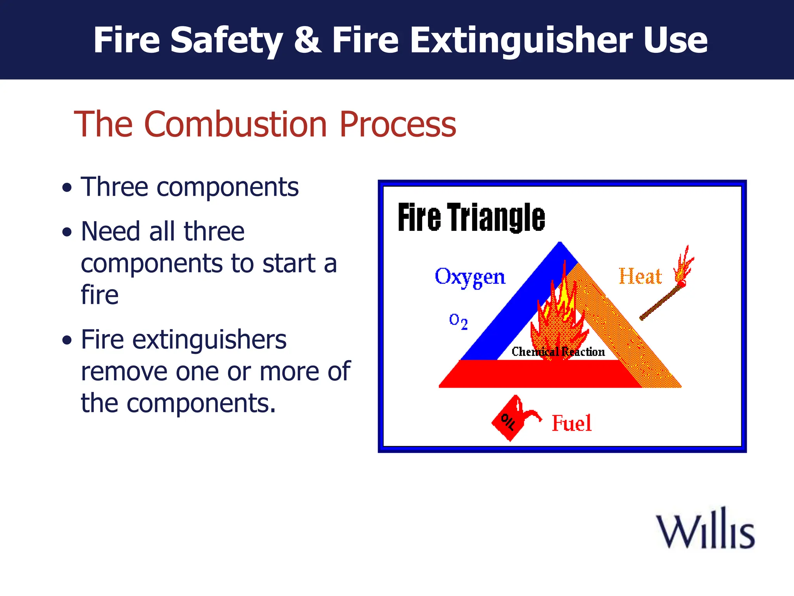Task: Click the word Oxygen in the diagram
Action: coord(469,277)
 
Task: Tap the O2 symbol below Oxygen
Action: coord(458,321)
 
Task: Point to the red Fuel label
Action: coord(571,423)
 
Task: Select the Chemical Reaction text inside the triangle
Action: coord(558,352)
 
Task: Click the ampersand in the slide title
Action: coord(307,40)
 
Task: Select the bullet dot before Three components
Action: coord(67,188)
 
